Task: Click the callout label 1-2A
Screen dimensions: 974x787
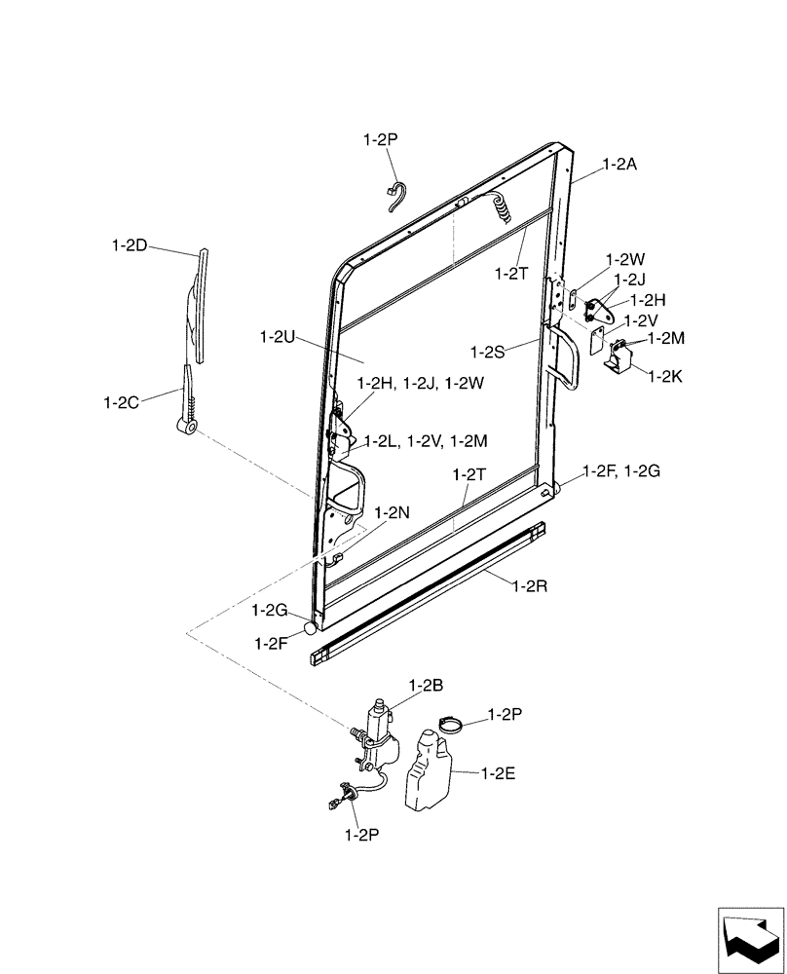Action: [x=619, y=165]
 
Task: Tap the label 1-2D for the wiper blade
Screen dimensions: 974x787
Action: [x=129, y=245]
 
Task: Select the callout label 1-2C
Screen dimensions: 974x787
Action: [x=123, y=400]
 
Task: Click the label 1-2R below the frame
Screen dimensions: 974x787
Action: [x=530, y=587]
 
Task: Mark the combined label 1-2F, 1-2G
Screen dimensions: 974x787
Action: [x=621, y=471]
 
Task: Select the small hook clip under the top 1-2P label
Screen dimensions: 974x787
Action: [x=394, y=194]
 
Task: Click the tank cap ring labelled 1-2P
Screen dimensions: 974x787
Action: [x=451, y=725]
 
